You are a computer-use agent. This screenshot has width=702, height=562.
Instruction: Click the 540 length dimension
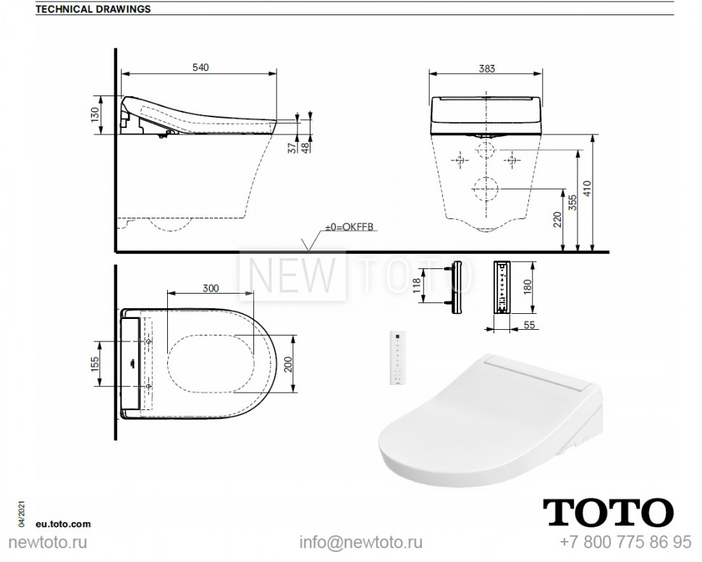point(200,67)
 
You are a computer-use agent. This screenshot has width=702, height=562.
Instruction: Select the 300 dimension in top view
point(211,287)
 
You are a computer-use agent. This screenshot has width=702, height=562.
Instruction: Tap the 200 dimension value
point(287,365)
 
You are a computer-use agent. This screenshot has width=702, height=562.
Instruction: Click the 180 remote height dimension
point(527,287)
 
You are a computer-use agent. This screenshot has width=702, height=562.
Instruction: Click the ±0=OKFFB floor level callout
point(350,227)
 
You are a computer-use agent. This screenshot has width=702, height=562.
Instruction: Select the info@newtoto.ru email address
point(361,542)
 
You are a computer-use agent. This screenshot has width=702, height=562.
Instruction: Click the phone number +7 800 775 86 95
point(626,542)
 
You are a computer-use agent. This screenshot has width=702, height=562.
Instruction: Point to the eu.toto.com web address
point(63,523)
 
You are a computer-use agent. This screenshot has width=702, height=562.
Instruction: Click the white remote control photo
point(397,358)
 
